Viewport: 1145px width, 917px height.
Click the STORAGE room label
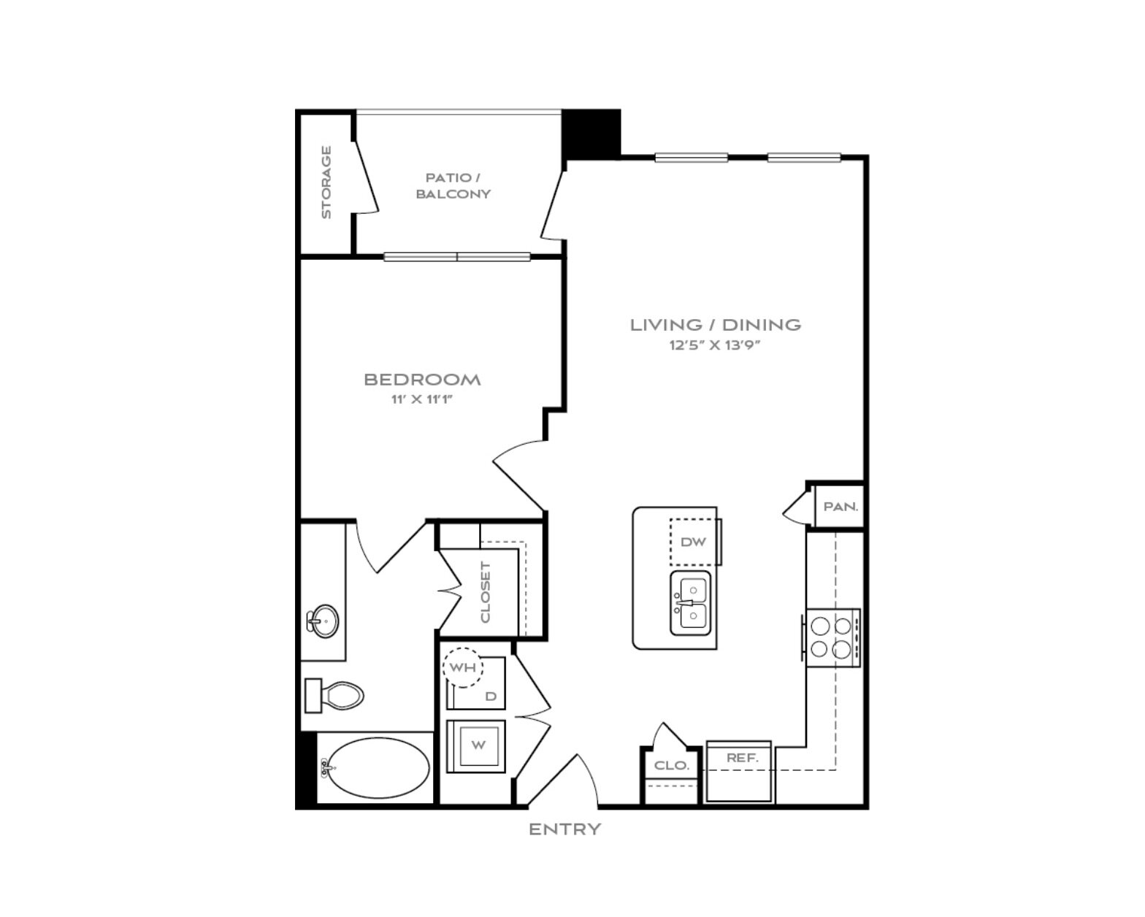(x=326, y=182)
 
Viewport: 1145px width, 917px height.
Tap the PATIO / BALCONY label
(x=453, y=185)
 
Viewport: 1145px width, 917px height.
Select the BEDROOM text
(x=423, y=379)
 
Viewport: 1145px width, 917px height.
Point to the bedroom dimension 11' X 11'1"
(x=422, y=399)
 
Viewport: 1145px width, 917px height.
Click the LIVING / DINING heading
(x=716, y=324)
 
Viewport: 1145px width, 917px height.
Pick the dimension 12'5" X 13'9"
(x=715, y=345)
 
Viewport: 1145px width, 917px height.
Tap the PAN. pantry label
(x=840, y=507)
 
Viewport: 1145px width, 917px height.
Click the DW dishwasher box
(x=693, y=542)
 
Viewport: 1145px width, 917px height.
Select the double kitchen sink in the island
(x=691, y=603)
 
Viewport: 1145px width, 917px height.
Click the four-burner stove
(x=832, y=638)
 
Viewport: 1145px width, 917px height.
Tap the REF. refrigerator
(x=738, y=771)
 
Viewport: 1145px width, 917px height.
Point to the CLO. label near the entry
(x=672, y=765)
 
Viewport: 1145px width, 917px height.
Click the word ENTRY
(x=564, y=829)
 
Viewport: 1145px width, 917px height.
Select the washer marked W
(x=475, y=745)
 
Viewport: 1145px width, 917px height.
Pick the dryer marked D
(x=476, y=683)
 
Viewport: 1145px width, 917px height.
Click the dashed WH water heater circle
(x=463, y=667)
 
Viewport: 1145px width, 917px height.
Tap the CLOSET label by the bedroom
(x=486, y=592)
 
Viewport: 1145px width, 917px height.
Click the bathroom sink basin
(x=324, y=621)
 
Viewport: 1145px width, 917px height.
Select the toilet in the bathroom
(x=334, y=696)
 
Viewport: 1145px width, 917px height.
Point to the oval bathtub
(x=378, y=767)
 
